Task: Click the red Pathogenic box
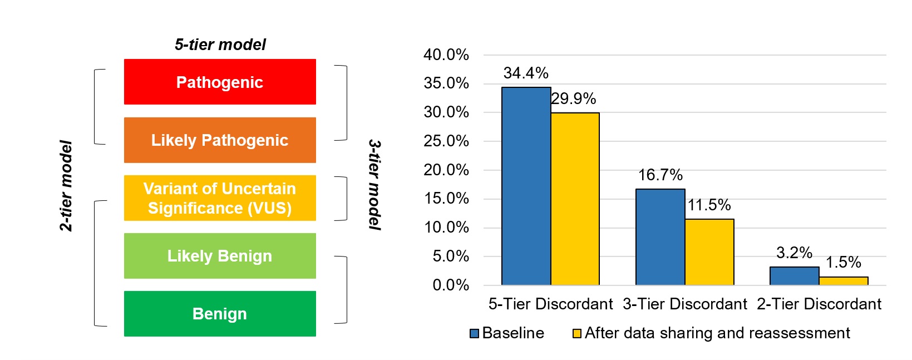[220, 82]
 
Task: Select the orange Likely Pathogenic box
[220, 140]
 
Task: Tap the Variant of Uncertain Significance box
[220, 198]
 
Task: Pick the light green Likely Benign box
[220, 256]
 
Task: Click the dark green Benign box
[220, 314]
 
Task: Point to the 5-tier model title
[220, 45]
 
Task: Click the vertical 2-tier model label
[66, 186]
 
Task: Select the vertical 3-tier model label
[375, 185]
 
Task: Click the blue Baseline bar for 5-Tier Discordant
[526, 186]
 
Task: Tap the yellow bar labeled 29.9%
[575, 199]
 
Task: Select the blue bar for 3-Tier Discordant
[660, 237]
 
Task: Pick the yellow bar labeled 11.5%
[709, 252]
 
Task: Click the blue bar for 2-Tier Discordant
[794, 276]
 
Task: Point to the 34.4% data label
[526, 73]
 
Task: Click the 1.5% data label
[843, 262]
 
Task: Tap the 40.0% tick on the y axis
[446, 55]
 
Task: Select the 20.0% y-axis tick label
[446, 170]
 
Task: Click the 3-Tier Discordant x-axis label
[684, 304]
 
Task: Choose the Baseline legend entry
[507, 333]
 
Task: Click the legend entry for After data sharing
[711, 333]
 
